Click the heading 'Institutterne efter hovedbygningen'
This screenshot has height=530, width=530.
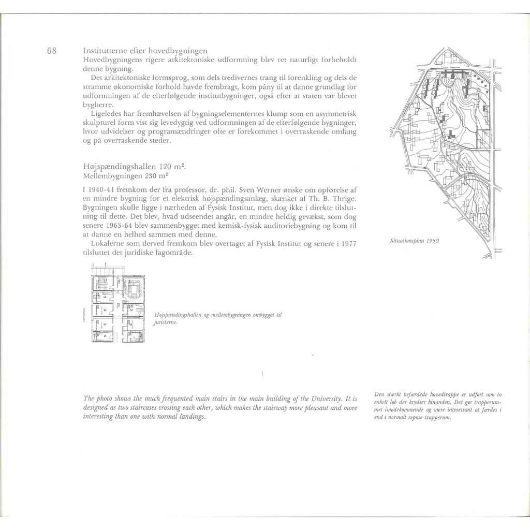pos(145,51)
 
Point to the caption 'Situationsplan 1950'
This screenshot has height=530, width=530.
pos(416,241)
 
